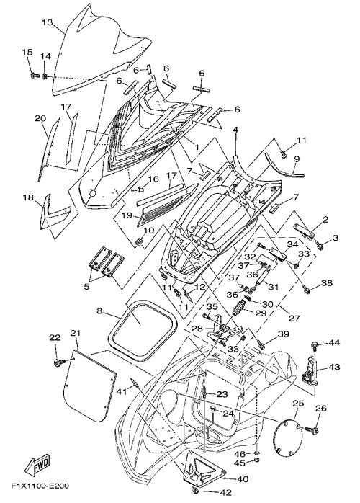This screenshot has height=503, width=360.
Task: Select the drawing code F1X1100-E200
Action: tap(40, 486)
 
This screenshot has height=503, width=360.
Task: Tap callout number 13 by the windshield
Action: tap(48, 22)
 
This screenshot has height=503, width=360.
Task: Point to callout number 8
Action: tap(99, 311)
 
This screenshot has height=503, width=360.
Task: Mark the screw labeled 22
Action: tap(60, 362)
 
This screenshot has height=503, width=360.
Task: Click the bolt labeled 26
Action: tap(310, 429)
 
